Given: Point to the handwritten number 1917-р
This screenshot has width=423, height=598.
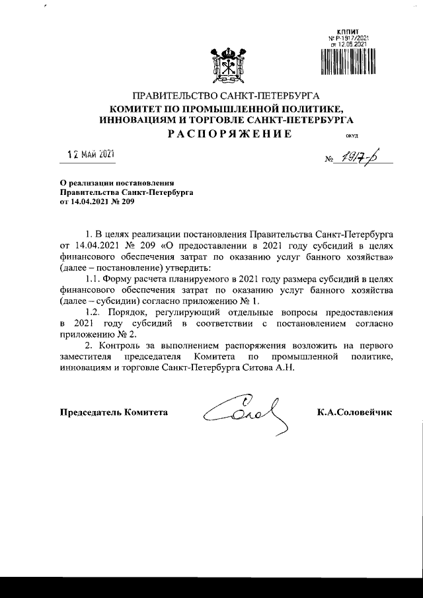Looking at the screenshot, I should click(x=364, y=158).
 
